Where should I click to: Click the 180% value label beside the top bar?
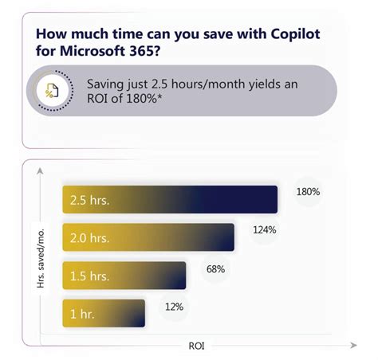tap(308, 192)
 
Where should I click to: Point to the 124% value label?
tap(265, 230)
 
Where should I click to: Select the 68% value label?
tap(215, 269)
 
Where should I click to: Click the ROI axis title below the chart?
tap(196, 346)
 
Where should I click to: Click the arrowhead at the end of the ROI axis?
tap(352, 346)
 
